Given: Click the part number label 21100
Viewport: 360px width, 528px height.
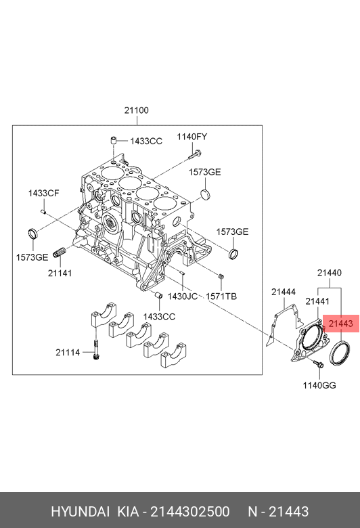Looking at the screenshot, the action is click(x=137, y=110).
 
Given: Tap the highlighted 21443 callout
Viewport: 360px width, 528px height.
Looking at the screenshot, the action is click(x=341, y=324).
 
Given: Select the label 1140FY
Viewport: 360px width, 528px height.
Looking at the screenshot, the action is click(x=192, y=137).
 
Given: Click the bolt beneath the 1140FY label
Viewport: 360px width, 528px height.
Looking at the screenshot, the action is click(x=195, y=155).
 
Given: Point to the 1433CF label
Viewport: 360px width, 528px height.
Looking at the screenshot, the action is click(x=43, y=194).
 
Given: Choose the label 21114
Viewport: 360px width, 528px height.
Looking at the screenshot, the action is click(x=68, y=353).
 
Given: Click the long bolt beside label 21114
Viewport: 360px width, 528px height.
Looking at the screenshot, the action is click(x=96, y=349).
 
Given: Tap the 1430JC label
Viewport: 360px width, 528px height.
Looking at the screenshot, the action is click(x=183, y=296).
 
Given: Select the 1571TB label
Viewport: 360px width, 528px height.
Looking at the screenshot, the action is click(x=221, y=296).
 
